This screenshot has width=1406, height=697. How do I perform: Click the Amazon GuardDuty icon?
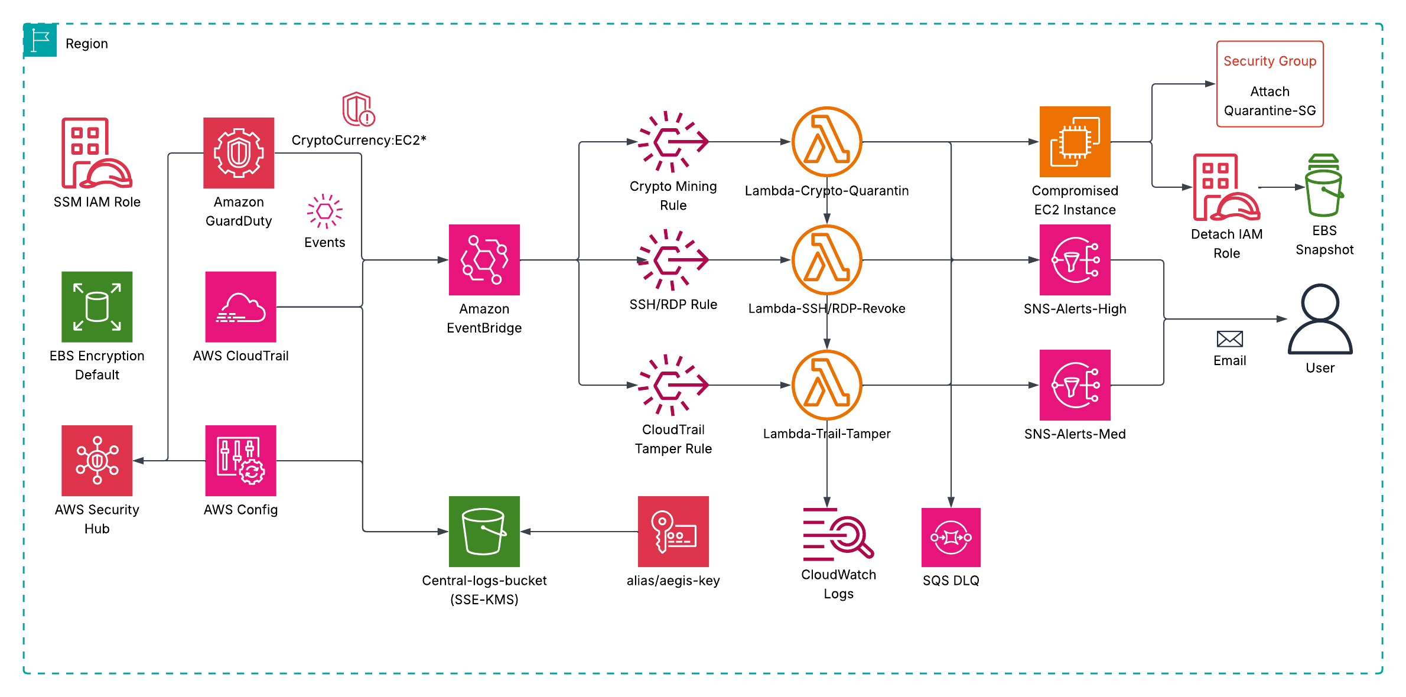pyautogui.click(x=239, y=153)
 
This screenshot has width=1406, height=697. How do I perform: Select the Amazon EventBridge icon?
pyautogui.click(x=484, y=260)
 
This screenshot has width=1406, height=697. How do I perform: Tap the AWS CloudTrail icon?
pyautogui.click(x=240, y=307)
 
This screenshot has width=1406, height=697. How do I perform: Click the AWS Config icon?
pyautogui.click(x=240, y=461)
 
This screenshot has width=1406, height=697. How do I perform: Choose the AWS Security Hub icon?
pyautogui.click(x=97, y=461)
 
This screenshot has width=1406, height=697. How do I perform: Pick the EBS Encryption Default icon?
pyautogui.click(x=97, y=307)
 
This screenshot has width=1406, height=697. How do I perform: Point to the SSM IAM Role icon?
pyautogui.click(x=95, y=153)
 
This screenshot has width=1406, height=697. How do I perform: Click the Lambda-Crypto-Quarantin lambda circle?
pyautogui.click(x=826, y=142)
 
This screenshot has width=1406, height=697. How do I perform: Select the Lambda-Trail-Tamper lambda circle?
pyautogui.click(x=826, y=385)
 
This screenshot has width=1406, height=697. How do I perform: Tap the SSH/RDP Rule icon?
pyautogui.click(x=672, y=260)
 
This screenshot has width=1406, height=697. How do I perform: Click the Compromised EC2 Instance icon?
pyautogui.click(x=1075, y=142)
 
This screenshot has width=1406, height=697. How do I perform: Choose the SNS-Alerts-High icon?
pyautogui.click(x=1075, y=260)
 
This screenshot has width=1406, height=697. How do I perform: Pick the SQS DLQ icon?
pyautogui.click(x=951, y=538)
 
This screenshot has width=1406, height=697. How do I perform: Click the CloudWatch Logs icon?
pyautogui.click(x=837, y=534)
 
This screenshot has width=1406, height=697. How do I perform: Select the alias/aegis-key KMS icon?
pyautogui.click(x=673, y=532)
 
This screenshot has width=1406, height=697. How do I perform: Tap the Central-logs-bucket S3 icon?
pyautogui.click(x=484, y=532)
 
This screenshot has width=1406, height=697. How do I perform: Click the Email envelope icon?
pyautogui.click(x=1229, y=339)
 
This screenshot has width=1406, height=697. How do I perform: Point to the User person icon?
pyautogui.click(x=1320, y=319)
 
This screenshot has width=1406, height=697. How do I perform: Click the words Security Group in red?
pyautogui.click(x=1270, y=61)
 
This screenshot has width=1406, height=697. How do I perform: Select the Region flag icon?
pyautogui.click(x=40, y=40)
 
